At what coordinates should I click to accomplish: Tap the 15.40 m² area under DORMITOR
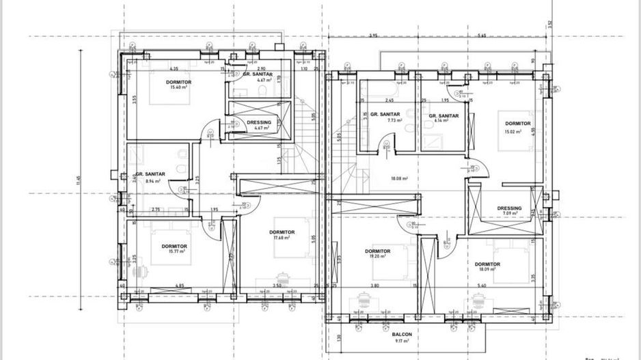tap(178, 87)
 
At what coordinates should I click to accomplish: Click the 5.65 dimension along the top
tap(482, 35)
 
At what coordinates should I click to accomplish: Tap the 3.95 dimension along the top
tap(373, 35)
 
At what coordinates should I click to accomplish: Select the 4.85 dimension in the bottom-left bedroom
tap(179, 285)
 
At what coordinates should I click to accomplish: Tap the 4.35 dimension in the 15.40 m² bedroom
tap(174, 68)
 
